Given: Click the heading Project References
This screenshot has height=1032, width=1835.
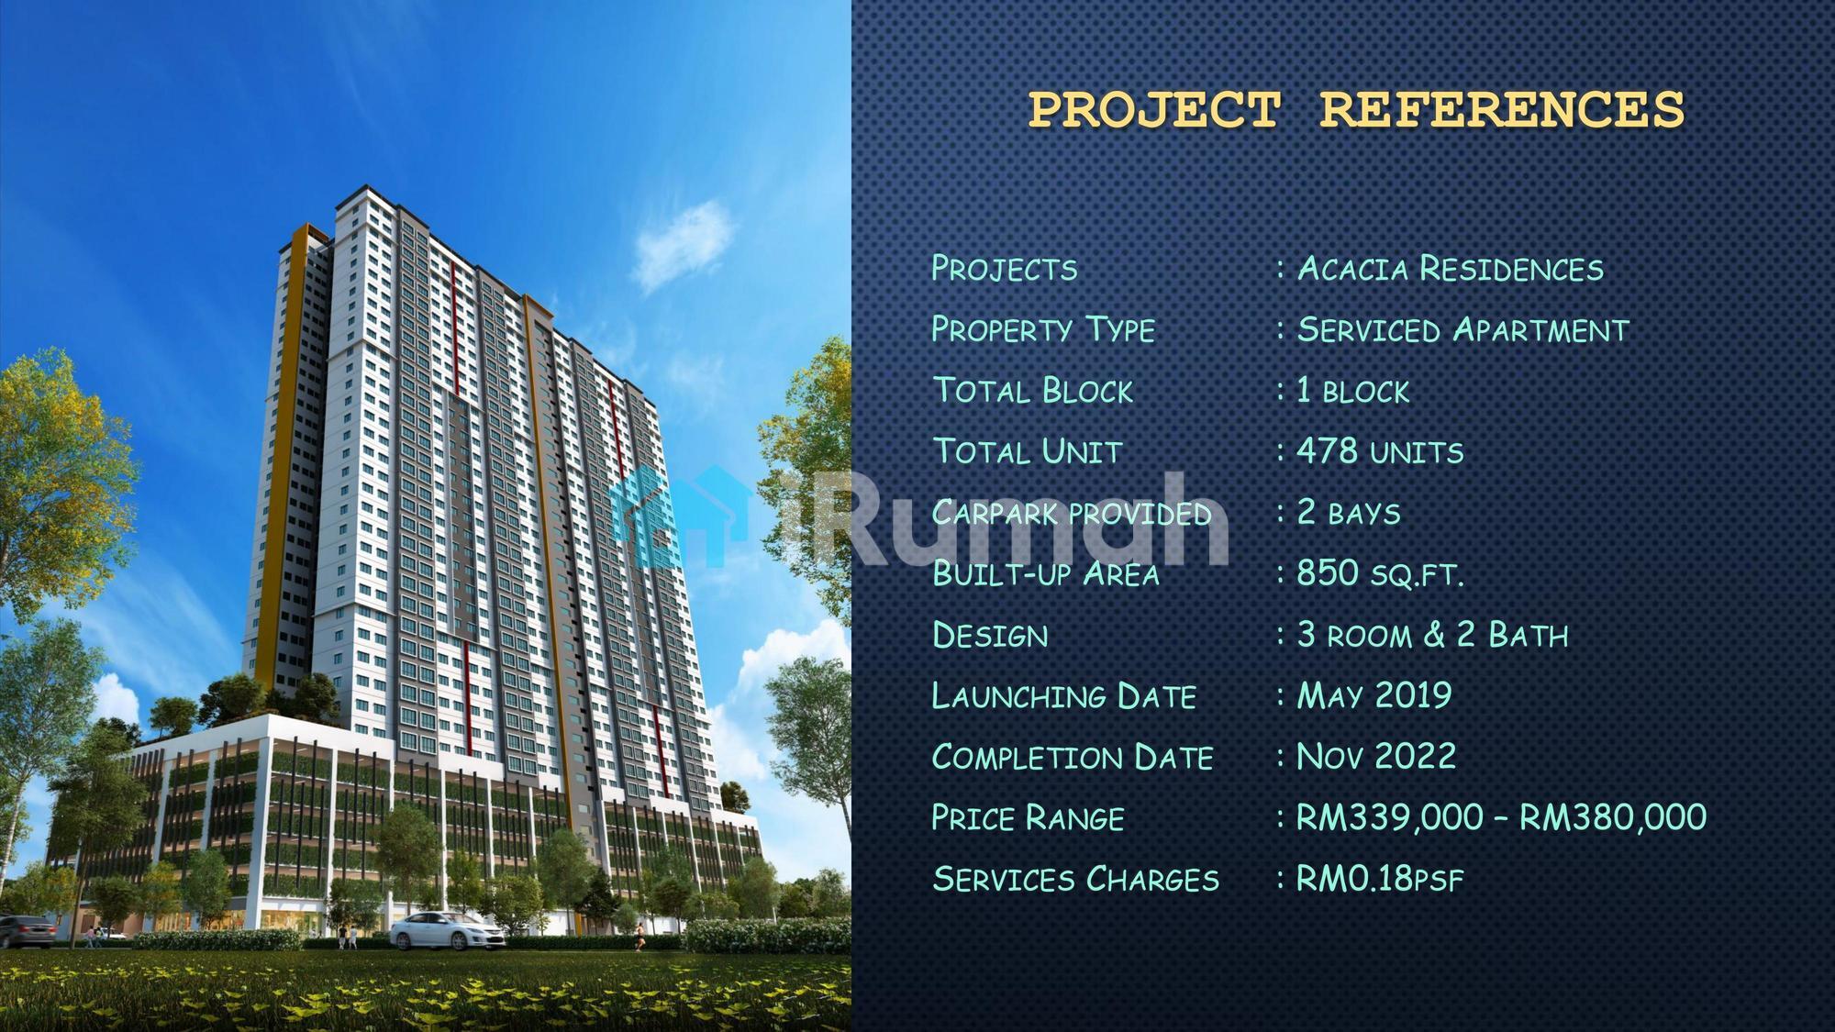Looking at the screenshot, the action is click(1356, 109).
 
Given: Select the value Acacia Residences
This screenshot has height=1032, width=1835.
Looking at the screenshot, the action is click(1451, 269).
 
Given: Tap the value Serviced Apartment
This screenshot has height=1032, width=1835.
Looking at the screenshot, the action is click(1463, 329).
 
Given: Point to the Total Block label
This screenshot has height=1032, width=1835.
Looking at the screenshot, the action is click(1033, 391).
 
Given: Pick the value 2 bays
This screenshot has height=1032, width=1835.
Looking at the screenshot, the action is click(1349, 512).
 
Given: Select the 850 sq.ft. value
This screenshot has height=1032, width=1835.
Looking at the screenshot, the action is click(1380, 573).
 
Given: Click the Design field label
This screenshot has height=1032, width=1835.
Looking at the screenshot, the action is click(990, 635).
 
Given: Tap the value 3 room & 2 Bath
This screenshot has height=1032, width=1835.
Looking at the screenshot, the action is click(1433, 635).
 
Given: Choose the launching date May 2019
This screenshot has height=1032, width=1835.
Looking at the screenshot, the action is click(1374, 695).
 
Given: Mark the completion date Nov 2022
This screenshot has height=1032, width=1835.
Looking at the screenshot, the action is click(1376, 757).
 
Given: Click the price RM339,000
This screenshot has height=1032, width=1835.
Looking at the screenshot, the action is click(1390, 817).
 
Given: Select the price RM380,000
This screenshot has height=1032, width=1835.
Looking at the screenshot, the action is click(1613, 817).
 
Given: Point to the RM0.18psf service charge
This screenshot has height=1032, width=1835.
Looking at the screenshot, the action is click(1380, 879).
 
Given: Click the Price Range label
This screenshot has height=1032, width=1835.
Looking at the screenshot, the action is click(1028, 817).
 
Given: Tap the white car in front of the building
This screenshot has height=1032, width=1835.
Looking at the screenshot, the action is click(447, 930).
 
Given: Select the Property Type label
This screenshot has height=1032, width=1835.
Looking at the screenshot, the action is click(1043, 329).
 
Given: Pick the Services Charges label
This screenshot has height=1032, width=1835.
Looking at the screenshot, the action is click(1076, 879).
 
